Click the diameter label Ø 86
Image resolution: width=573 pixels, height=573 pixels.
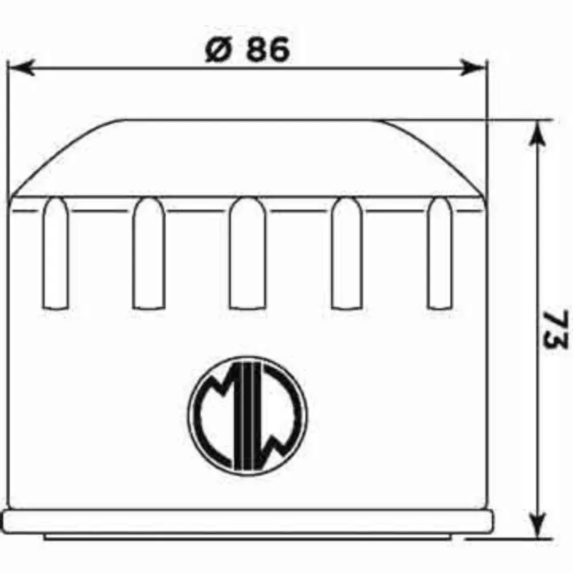click(247, 49)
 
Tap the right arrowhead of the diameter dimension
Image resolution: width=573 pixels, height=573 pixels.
click(473, 68)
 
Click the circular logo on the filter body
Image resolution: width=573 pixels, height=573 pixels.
click(248, 416)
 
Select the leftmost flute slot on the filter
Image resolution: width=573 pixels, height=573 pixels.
click(56, 253)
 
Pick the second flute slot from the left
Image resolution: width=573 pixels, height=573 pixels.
click(149, 253)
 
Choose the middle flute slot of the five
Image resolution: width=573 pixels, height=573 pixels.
click(248, 253)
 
